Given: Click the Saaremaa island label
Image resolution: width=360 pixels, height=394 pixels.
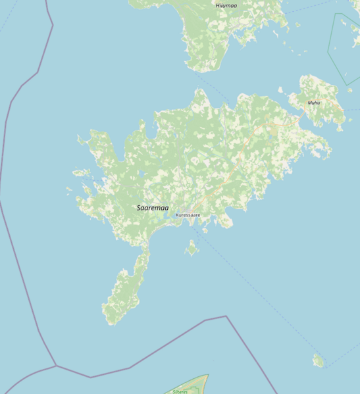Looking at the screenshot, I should (152, 208).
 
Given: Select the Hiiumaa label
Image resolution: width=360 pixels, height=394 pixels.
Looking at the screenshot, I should (226, 5).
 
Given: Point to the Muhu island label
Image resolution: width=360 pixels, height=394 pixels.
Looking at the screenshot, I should (314, 103).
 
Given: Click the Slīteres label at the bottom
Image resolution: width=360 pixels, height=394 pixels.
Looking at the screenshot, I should (180, 391).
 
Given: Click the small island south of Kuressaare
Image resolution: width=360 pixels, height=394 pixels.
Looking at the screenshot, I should (192, 248).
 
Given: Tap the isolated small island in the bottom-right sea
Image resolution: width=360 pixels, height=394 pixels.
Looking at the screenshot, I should (319, 360).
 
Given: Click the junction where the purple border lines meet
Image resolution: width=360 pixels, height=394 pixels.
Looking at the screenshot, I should (56, 365).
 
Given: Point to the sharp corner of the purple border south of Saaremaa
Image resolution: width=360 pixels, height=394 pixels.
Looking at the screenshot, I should (226, 316).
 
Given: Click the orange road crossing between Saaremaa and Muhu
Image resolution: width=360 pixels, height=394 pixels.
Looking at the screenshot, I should (296, 118).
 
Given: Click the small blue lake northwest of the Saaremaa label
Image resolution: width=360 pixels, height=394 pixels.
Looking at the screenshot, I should (141, 174).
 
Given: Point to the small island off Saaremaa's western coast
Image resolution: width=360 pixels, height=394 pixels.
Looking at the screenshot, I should (83, 174).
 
